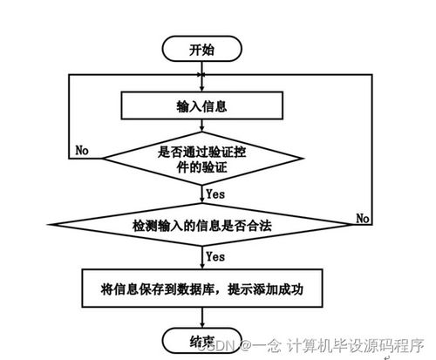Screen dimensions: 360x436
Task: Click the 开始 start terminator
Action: [x=201, y=49]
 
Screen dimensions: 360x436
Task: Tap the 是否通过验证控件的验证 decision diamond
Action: [x=202, y=157]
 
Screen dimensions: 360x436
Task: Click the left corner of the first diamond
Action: [x=101, y=158]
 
